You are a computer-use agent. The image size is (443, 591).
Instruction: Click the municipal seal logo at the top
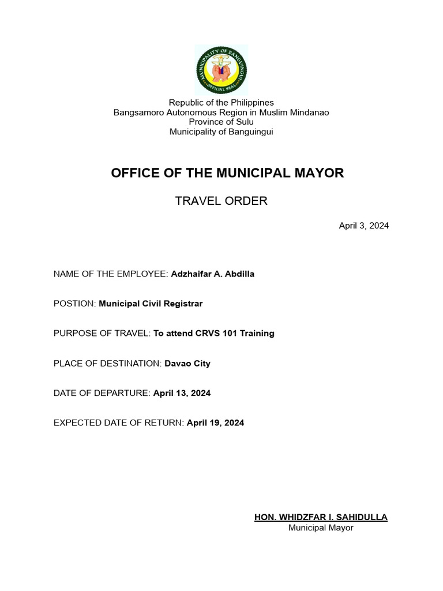coord(221,70)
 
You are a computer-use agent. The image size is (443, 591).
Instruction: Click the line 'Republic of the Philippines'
coord(221,103)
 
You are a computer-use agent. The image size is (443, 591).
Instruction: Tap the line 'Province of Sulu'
coord(221,122)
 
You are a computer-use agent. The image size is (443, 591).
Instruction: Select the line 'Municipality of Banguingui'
coord(221,132)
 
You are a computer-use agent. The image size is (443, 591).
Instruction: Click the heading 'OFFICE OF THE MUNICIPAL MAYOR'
coord(227,173)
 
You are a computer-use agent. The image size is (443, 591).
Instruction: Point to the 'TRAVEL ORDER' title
coord(221,201)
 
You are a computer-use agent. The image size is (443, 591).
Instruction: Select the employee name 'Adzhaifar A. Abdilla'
coord(212,274)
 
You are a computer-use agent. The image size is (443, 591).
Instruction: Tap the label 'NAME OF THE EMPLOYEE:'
coord(111,274)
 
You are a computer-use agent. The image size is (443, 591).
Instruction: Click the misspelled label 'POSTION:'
coord(74,304)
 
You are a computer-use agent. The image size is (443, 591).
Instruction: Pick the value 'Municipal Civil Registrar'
coord(151,304)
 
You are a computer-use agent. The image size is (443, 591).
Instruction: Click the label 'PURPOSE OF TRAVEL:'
coord(102,334)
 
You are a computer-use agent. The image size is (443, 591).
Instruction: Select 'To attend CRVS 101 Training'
coord(213,334)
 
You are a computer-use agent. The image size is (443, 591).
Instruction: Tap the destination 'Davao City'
coord(187,364)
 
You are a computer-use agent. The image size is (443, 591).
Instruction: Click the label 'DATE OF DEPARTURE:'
coord(102,393)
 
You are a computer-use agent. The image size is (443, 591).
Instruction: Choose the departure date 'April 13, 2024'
coord(182,393)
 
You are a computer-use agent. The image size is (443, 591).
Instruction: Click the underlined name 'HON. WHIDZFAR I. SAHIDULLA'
coord(321,517)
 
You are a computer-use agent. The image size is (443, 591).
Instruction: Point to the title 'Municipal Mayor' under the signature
coord(321,528)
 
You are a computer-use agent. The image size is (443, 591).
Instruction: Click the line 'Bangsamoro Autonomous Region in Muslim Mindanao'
coord(221,113)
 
